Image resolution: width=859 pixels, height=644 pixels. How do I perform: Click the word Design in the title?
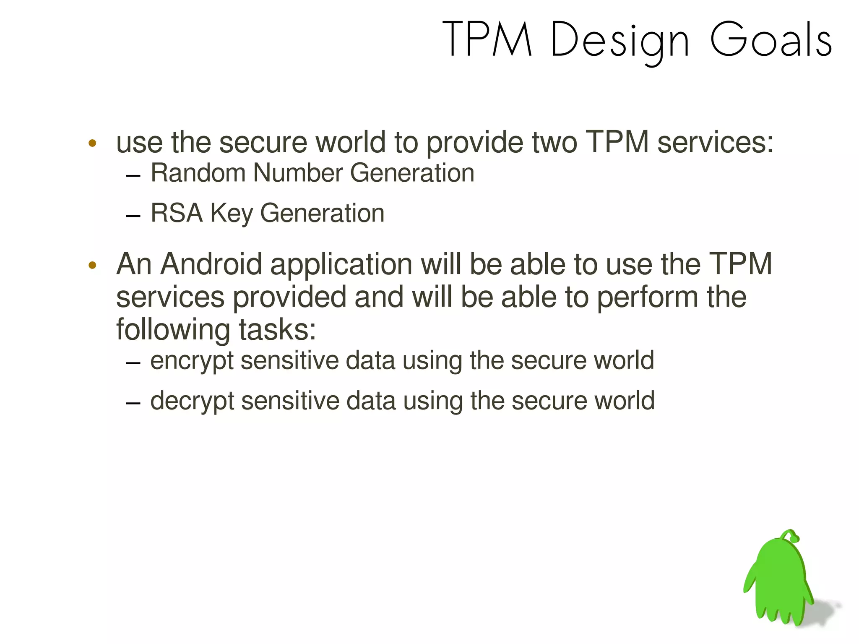(x=620, y=40)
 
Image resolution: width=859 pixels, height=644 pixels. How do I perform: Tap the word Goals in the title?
(x=771, y=39)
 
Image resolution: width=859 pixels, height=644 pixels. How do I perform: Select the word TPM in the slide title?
(x=487, y=39)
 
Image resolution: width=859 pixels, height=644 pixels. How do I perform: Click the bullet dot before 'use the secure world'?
(x=93, y=143)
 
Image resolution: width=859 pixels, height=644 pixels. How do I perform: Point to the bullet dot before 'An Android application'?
(x=93, y=265)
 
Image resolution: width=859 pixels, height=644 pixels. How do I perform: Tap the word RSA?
(x=177, y=213)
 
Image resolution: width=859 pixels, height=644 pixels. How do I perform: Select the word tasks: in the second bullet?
(x=277, y=330)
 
